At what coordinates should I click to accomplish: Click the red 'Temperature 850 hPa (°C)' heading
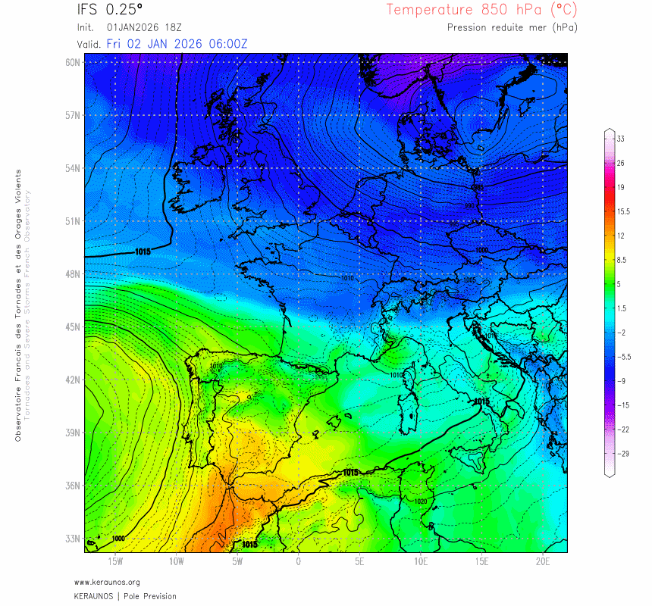[x=481, y=10]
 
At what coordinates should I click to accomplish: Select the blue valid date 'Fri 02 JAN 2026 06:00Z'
[x=177, y=43]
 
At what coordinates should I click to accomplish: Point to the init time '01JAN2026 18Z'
[x=144, y=27]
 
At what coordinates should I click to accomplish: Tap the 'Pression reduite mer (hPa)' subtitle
[x=511, y=27]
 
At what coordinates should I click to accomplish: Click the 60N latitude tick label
[x=73, y=62]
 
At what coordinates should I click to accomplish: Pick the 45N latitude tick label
[x=73, y=326]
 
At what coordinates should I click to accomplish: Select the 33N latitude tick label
[x=73, y=539]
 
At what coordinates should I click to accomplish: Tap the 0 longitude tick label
[x=299, y=561]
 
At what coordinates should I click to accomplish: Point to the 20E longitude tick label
[x=543, y=561]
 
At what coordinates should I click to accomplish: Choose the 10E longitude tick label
[x=421, y=561]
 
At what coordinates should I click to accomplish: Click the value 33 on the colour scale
[x=620, y=139]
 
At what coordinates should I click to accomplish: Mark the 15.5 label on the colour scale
[x=623, y=211]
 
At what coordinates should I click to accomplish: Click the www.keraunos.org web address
[x=107, y=582]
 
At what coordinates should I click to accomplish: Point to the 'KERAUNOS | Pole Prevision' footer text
[x=125, y=596]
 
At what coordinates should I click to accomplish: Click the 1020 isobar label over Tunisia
[x=422, y=501]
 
